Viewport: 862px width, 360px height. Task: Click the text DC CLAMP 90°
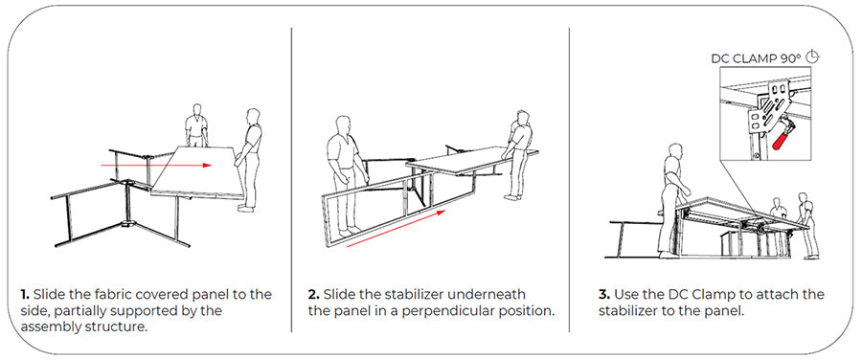(x=757, y=58)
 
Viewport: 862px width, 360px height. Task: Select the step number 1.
(x=24, y=294)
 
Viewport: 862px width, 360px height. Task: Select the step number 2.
(x=313, y=294)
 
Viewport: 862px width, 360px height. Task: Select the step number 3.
(x=603, y=294)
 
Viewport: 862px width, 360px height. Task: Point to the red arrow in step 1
(x=156, y=165)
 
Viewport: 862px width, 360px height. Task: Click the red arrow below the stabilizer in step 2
(x=396, y=228)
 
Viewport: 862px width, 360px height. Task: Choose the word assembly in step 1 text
(x=47, y=327)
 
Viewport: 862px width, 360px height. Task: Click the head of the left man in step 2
(x=344, y=124)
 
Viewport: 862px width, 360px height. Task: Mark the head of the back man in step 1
(x=196, y=109)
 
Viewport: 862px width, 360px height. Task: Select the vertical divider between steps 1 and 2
(x=291, y=180)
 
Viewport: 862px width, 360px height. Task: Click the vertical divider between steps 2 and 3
(x=569, y=180)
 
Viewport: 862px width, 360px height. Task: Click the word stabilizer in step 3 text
(x=627, y=310)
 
